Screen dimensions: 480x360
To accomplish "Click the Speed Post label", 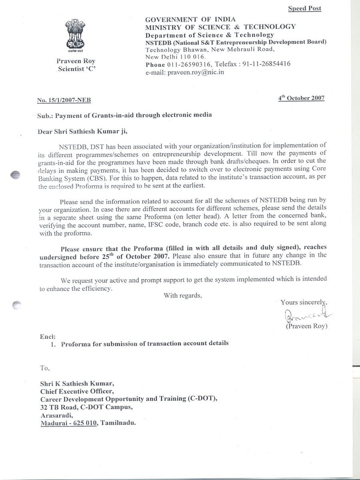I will point(304,8).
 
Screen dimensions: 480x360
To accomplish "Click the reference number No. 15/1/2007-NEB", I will point(66,101).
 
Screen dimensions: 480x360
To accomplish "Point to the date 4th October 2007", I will point(301,98).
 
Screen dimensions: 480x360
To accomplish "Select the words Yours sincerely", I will point(304,302).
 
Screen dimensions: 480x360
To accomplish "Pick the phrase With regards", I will point(182,296).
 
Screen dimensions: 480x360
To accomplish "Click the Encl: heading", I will point(48,336).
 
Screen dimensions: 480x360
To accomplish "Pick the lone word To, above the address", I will point(45,367).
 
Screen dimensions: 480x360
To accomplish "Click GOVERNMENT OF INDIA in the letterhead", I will point(190,19).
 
